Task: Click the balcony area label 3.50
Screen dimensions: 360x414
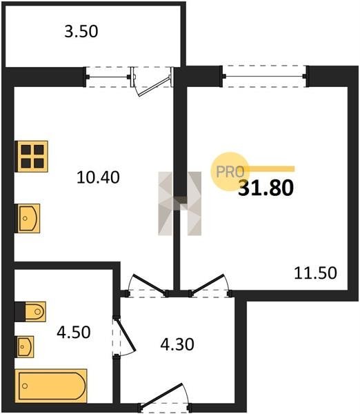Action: coord(81,31)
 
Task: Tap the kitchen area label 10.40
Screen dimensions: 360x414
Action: coord(98,177)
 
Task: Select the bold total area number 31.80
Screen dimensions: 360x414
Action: coord(266,188)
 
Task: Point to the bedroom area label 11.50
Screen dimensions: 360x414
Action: coord(315,273)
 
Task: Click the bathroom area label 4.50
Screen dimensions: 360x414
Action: coord(74,332)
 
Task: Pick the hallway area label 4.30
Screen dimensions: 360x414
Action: coord(177,344)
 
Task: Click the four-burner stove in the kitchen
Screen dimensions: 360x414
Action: coord(32,157)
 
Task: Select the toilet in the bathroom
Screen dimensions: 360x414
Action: coord(35,312)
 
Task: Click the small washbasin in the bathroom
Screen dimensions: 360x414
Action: coord(25,346)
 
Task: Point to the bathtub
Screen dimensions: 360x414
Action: coord(51,386)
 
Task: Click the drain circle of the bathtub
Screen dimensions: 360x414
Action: coord(25,386)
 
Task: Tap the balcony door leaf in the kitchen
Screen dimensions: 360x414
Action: coord(154,86)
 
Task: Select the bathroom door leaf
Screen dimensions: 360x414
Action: coord(126,335)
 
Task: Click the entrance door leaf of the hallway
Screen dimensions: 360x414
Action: coord(161,394)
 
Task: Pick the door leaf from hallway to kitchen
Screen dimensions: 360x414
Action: coord(150,284)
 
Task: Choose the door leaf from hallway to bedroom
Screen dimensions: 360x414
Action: coord(208,284)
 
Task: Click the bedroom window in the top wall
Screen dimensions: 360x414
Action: coord(264,77)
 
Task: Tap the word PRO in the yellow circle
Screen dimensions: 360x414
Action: coord(230,172)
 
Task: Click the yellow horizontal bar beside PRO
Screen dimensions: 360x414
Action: coord(269,169)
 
